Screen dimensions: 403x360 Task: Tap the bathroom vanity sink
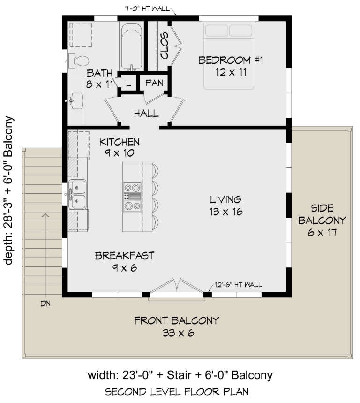(76, 100)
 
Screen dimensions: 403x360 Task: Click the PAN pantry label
(154, 83)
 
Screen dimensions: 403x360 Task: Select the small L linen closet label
(128, 84)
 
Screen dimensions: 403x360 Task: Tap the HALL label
(146, 114)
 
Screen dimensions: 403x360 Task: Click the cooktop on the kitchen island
(132, 197)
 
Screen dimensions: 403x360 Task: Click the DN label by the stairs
(45, 303)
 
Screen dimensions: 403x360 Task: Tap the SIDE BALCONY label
(322, 220)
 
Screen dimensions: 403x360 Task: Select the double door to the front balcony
(177, 287)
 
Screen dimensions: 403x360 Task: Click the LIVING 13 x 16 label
(225, 205)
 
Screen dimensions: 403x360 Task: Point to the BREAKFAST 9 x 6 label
(124, 261)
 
